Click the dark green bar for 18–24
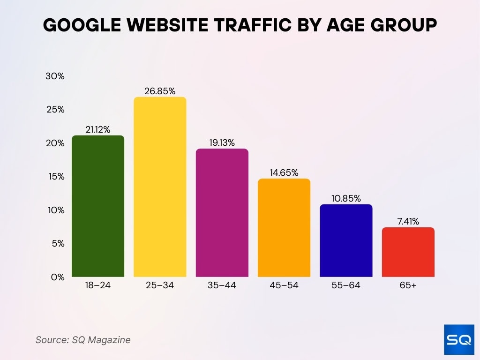click(x=98, y=206)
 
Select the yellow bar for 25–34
click(x=160, y=187)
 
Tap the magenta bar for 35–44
click(x=222, y=213)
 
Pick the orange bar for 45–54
click(x=284, y=228)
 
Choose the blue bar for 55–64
click(x=346, y=240)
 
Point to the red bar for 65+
click(x=408, y=252)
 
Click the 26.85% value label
click(x=160, y=91)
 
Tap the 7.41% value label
click(x=408, y=221)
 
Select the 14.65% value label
click(x=284, y=172)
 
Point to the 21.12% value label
click(x=98, y=130)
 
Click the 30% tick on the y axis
click(x=55, y=76)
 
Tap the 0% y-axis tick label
click(x=57, y=277)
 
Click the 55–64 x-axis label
click(x=346, y=285)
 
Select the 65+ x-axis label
click(x=408, y=285)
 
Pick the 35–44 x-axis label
click(x=222, y=285)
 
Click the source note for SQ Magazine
click(x=83, y=340)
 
